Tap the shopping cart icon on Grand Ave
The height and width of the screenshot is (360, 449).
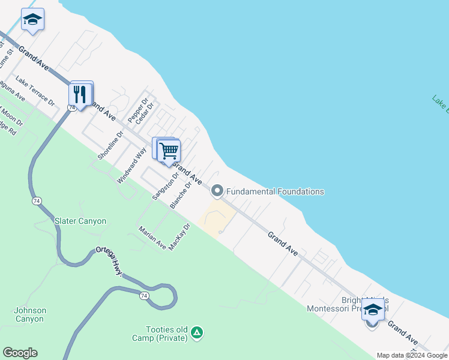pyautogui.click(x=169, y=150)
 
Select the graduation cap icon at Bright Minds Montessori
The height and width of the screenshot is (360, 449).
pyautogui.click(x=373, y=310)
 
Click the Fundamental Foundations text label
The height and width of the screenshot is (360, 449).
pyautogui.click(x=275, y=191)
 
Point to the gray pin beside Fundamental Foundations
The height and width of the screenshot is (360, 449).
pyautogui.click(x=217, y=191)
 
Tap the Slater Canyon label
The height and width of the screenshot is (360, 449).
pyautogui.click(x=80, y=221)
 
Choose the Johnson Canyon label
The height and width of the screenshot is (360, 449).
pyautogui.click(x=29, y=315)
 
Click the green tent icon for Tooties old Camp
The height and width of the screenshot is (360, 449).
pyautogui.click(x=197, y=332)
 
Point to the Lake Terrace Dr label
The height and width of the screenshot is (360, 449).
pyautogui.click(x=35, y=91)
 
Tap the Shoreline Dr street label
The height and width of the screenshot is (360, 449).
pyautogui.click(x=110, y=146)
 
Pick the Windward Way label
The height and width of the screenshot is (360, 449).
pyautogui.click(x=131, y=166)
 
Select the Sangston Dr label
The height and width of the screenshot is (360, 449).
pyautogui.click(x=165, y=187)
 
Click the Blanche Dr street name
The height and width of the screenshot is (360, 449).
pyautogui.click(x=180, y=196)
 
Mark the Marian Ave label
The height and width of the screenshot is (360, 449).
pyautogui.click(x=152, y=237)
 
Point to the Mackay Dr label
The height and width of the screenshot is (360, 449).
pyautogui.click(x=179, y=237)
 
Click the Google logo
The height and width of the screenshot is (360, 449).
pyautogui.click(x=20, y=353)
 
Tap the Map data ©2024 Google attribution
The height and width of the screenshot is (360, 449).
pyautogui.click(x=412, y=355)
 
